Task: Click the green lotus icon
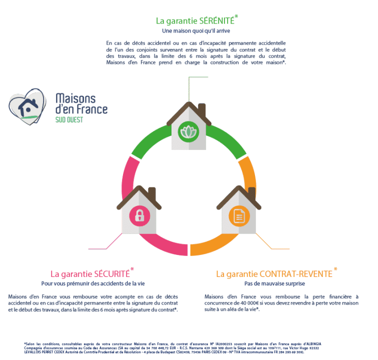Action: point(189,131)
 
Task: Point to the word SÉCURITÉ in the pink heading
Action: point(112,274)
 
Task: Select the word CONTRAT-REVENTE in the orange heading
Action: point(296,274)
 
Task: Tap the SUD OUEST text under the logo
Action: point(69,120)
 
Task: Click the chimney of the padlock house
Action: point(152,193)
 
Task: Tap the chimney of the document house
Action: point(251,193)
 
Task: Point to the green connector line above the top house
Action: point(198,77)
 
